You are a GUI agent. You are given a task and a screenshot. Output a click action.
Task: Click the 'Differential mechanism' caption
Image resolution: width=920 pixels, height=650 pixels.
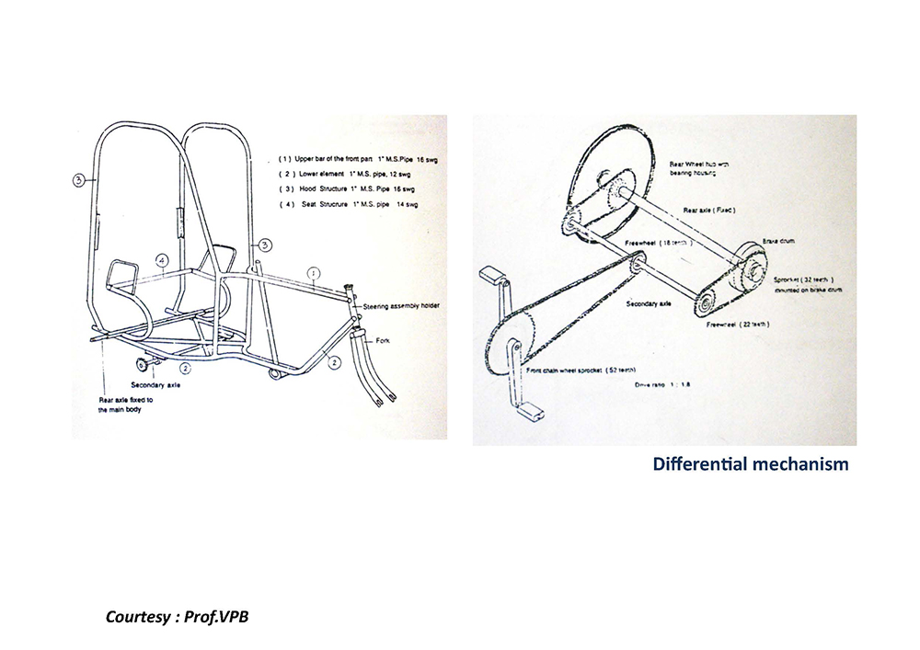click(x=751, y=464)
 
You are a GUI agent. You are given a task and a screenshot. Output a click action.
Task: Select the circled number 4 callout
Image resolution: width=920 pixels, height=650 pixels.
click(x=162, y=260)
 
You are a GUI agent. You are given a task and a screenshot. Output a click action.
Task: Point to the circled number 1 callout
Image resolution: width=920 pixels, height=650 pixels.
click(x=314, y=273)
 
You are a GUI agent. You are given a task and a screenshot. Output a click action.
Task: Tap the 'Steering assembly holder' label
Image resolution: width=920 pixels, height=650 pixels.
click(x=397, y=299)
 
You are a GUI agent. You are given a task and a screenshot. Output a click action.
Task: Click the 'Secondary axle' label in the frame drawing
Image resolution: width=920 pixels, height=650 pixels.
click(x=158, y=384)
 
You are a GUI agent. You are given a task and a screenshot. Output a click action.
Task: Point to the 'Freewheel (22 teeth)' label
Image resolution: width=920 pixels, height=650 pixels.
click(x=737, y=325)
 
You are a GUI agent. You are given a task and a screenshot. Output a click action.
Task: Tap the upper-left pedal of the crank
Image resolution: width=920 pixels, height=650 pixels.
click(x=494, y=274)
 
